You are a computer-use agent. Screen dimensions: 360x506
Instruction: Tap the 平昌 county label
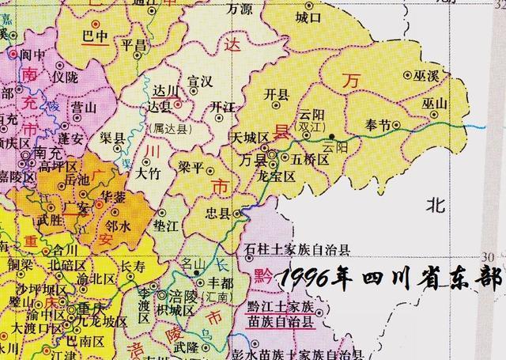pos(134,46)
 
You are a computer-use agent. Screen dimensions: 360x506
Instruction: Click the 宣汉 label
pos(199,81)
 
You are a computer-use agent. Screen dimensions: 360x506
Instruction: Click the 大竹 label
pos(149,170)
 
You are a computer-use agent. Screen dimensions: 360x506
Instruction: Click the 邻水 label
pos(121,225)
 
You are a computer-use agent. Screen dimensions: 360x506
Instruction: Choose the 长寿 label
pos(135,267)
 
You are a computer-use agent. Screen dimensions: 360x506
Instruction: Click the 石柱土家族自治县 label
pos(298,250)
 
